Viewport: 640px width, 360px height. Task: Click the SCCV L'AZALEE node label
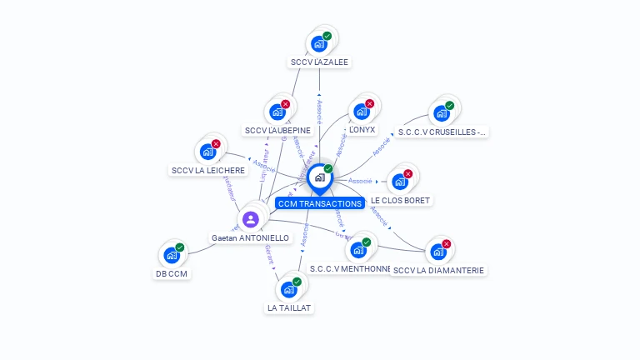pyautogui.click(x=320, y=62)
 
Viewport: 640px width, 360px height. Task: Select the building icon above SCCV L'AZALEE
pyautogui.click(x=318, y=43)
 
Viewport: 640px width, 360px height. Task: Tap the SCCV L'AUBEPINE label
pyautogui.click(x=278, y=130)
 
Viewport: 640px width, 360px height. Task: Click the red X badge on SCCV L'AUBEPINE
pyautogui.click(x=286, y=104)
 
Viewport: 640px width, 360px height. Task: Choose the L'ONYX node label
pyautogui.click(x=362, y=130)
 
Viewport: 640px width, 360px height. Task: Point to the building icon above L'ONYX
pyautogui.click(x=361, y=112)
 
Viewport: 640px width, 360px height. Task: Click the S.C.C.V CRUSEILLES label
pyautogui.click(x=442, y=132)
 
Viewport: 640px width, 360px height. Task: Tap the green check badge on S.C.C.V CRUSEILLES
pyautogui.click(x=449, y=106)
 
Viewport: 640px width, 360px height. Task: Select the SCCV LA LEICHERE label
pyautogui.click(x=208, y=171)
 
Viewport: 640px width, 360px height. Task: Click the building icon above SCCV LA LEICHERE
pyautogui.click(x=207, y=152)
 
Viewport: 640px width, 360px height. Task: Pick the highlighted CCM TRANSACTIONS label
pyautogui.click(x=320, y=203)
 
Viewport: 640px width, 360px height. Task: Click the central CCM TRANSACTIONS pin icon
pyautogui.click(x=319, y=177)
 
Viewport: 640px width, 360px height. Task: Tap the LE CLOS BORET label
pyautogui.click(x=401, y=201)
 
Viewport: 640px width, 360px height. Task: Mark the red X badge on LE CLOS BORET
pyautogui.click(x=407, y=174)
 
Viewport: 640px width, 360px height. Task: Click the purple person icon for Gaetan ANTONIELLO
pyautogui.click(x=250, y=219)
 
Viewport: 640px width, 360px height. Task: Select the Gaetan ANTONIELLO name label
pyautogui.click(x=250, y=238)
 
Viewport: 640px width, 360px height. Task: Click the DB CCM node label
pyautogui.click(x=172, y=273)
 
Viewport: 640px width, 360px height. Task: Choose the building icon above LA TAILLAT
pyautogui.click(x=289, y=289)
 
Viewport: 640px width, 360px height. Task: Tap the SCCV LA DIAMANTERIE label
pyautogui.click(x=438, y=270)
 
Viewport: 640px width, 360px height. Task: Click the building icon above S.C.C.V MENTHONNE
pyautogui.click(x=358, y=250)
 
